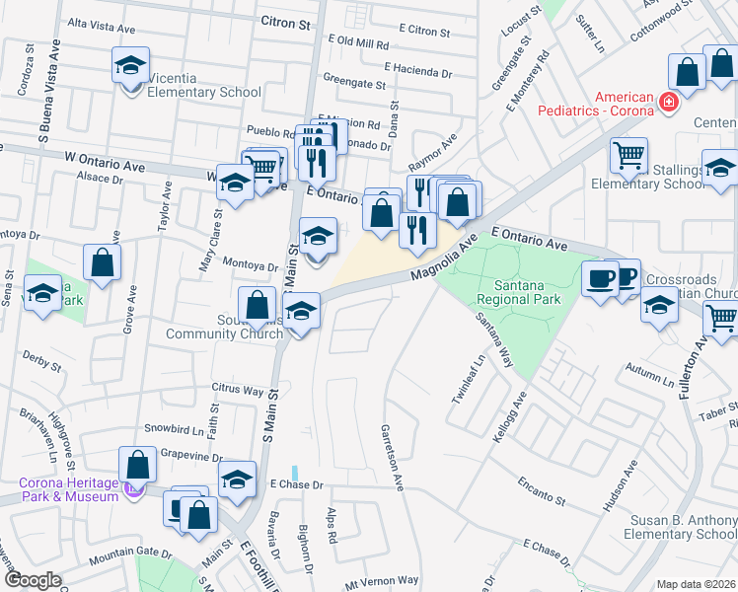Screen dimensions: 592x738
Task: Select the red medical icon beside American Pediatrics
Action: coord(668,101)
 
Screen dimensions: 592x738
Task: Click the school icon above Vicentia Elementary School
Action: coord(130,66)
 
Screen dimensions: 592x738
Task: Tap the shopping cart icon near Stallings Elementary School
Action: coord(628,156)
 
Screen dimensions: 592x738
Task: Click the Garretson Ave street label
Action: coord(393,459)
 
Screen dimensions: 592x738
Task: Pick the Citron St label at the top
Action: coord(285,20)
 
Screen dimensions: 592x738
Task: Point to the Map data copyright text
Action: coord(697,584)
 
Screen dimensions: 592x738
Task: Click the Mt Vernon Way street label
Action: coord(382,581)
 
